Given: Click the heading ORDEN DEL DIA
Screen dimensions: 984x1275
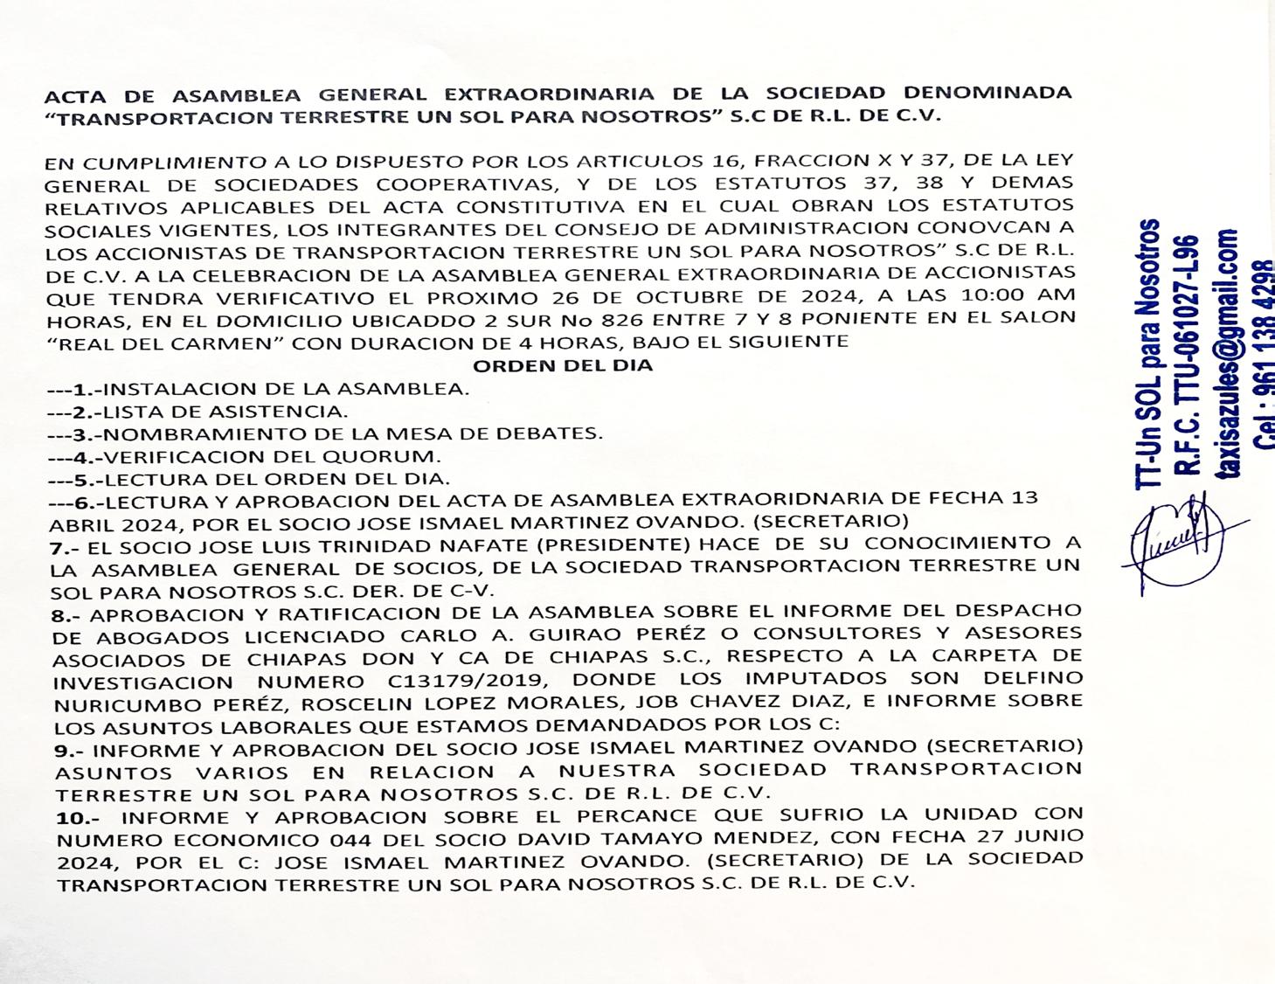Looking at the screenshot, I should [563, 365].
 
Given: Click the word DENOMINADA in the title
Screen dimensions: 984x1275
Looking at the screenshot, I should [987, 93].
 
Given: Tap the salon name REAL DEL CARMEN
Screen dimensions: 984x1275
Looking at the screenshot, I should [169, 342].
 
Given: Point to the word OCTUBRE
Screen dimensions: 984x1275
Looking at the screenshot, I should [683, 296].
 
